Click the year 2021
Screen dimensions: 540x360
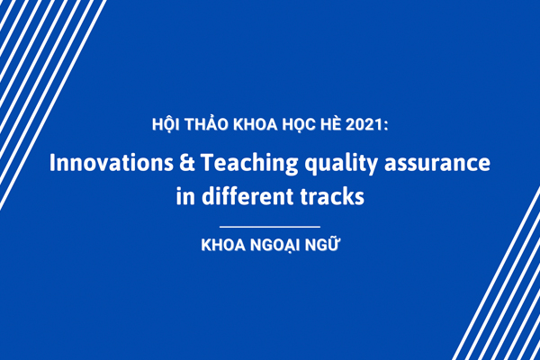tap(364, 124)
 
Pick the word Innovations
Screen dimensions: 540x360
tap(112, 163)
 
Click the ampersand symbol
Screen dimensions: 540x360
tap(187, 163)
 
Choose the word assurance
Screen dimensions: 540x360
tap(437, 164)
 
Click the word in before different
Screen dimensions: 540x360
tap(185, 197)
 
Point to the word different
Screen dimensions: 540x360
tap(247, 196)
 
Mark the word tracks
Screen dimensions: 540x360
tap(332, 196)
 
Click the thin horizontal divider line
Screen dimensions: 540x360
tap(270, 227)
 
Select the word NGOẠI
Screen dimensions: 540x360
tap(274, 246)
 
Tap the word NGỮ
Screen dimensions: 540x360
tap(321, 244)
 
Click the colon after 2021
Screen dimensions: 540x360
tap(386, 126)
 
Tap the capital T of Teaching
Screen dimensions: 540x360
tap(208, 163)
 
